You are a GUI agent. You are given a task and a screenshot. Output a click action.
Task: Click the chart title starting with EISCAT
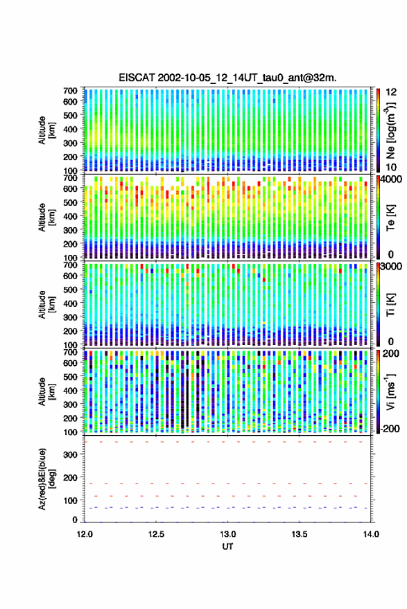click(227, 78)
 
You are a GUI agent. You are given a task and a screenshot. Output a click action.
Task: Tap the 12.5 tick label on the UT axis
click(156, 534)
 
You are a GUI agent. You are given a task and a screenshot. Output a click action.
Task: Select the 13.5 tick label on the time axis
click(300, 534)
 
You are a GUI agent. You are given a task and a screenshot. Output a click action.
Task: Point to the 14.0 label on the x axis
click(371, 534)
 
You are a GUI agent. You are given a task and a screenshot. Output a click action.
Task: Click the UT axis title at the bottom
click(227, 547)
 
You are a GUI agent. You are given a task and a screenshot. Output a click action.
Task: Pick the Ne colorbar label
click(390, 130)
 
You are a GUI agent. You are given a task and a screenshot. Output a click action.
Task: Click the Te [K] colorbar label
click(390, 218)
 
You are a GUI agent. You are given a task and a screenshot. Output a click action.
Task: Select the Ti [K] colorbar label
click(390, 304)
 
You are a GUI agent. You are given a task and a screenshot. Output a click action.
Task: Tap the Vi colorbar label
click(390, 391)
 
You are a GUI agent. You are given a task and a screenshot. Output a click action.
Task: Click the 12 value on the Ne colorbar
click(391, 92)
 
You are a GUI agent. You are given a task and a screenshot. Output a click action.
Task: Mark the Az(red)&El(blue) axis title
click(46, 479)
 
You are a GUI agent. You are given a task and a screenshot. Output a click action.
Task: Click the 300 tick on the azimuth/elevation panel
click(70, 454)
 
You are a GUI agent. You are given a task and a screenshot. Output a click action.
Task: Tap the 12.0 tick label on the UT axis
click(85, 534)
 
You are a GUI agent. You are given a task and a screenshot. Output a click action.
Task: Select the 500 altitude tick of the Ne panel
click(70, 115)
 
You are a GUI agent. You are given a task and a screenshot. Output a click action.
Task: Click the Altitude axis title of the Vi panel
click(46, 391)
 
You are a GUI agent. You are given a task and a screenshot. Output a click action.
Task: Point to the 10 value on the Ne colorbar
click(391, 168)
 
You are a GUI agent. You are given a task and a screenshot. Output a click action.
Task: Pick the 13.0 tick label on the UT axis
click(228, 534)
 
